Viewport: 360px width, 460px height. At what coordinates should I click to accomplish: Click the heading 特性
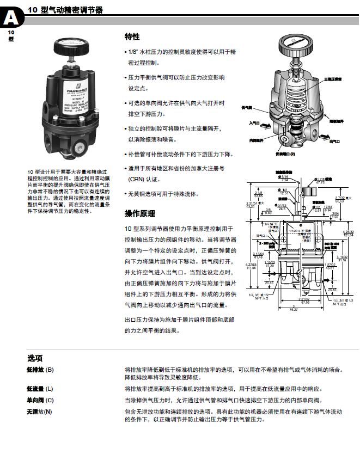[x=132, y=37]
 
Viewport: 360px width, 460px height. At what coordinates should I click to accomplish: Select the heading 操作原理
[x=140, y=213]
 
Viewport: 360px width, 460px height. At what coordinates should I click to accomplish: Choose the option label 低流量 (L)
[x=40, y=389]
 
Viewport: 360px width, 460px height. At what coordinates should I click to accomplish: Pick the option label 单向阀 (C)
[x=40, y=400]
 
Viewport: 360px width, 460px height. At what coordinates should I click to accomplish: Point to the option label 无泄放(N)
[x=39, y=411]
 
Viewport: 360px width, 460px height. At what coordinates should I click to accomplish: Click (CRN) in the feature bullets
[x=137, y=179]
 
